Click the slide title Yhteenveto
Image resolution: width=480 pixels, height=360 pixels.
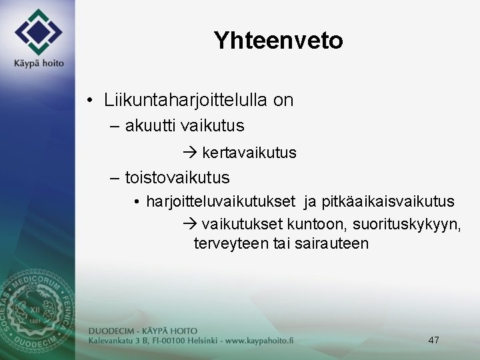point(278,41)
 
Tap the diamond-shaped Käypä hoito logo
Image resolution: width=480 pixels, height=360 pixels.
point(38,31)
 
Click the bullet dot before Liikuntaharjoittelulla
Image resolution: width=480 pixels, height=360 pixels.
point(90,101)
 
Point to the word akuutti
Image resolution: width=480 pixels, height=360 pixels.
point(150,125)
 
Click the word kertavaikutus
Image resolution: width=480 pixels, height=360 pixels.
point(249,153)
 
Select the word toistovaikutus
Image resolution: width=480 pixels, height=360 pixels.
point(177,178)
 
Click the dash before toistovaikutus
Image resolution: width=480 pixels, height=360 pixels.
point(114,178)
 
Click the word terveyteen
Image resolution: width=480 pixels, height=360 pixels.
point(231,243)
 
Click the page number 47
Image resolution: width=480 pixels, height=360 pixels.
point(433,340)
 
